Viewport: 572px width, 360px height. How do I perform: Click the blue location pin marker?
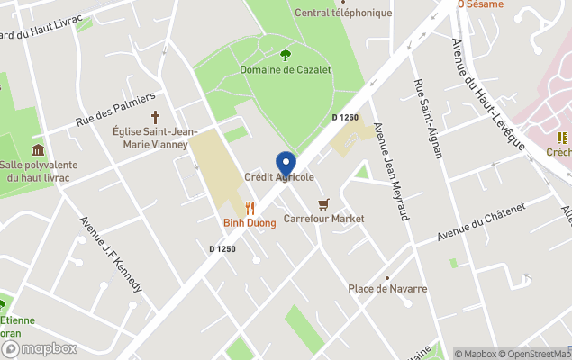286,165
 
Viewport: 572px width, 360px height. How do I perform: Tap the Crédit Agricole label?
279,178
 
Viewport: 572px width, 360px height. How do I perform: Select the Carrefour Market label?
323,219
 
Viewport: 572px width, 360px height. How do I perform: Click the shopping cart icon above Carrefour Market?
323,204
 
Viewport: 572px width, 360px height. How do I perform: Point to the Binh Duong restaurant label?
250,222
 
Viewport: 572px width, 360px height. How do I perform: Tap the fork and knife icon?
250,209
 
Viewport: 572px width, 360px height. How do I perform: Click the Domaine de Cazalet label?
285,69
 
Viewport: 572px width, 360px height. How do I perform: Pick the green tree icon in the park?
286,55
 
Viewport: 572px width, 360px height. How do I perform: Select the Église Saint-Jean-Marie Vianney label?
150,137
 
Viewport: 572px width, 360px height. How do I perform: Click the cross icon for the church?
155,117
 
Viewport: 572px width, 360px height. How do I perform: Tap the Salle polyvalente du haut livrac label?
38,171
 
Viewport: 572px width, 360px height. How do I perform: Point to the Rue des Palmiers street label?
116,108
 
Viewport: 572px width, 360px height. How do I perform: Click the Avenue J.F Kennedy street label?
111,254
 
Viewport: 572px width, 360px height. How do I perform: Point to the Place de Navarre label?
387,289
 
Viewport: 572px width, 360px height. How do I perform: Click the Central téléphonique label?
343,13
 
